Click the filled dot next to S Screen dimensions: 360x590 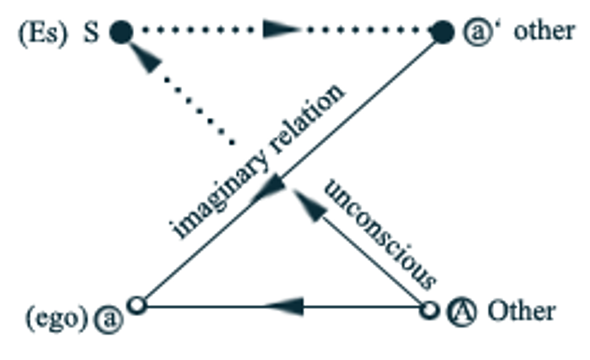click(x=121, y=32)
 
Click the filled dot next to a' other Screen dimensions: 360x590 click(x=442, y=32)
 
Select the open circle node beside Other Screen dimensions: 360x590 click(x=430, y=310)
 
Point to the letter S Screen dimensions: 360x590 click(x=91, y=32)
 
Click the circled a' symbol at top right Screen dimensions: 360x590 click(x=475, y=32)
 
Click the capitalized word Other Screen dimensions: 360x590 click(x=521, y=311)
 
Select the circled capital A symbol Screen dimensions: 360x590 click(x=459, y=311)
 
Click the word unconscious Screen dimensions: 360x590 click(x=380, y=234)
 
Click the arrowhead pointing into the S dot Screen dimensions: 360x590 click(x=146, y=59)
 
